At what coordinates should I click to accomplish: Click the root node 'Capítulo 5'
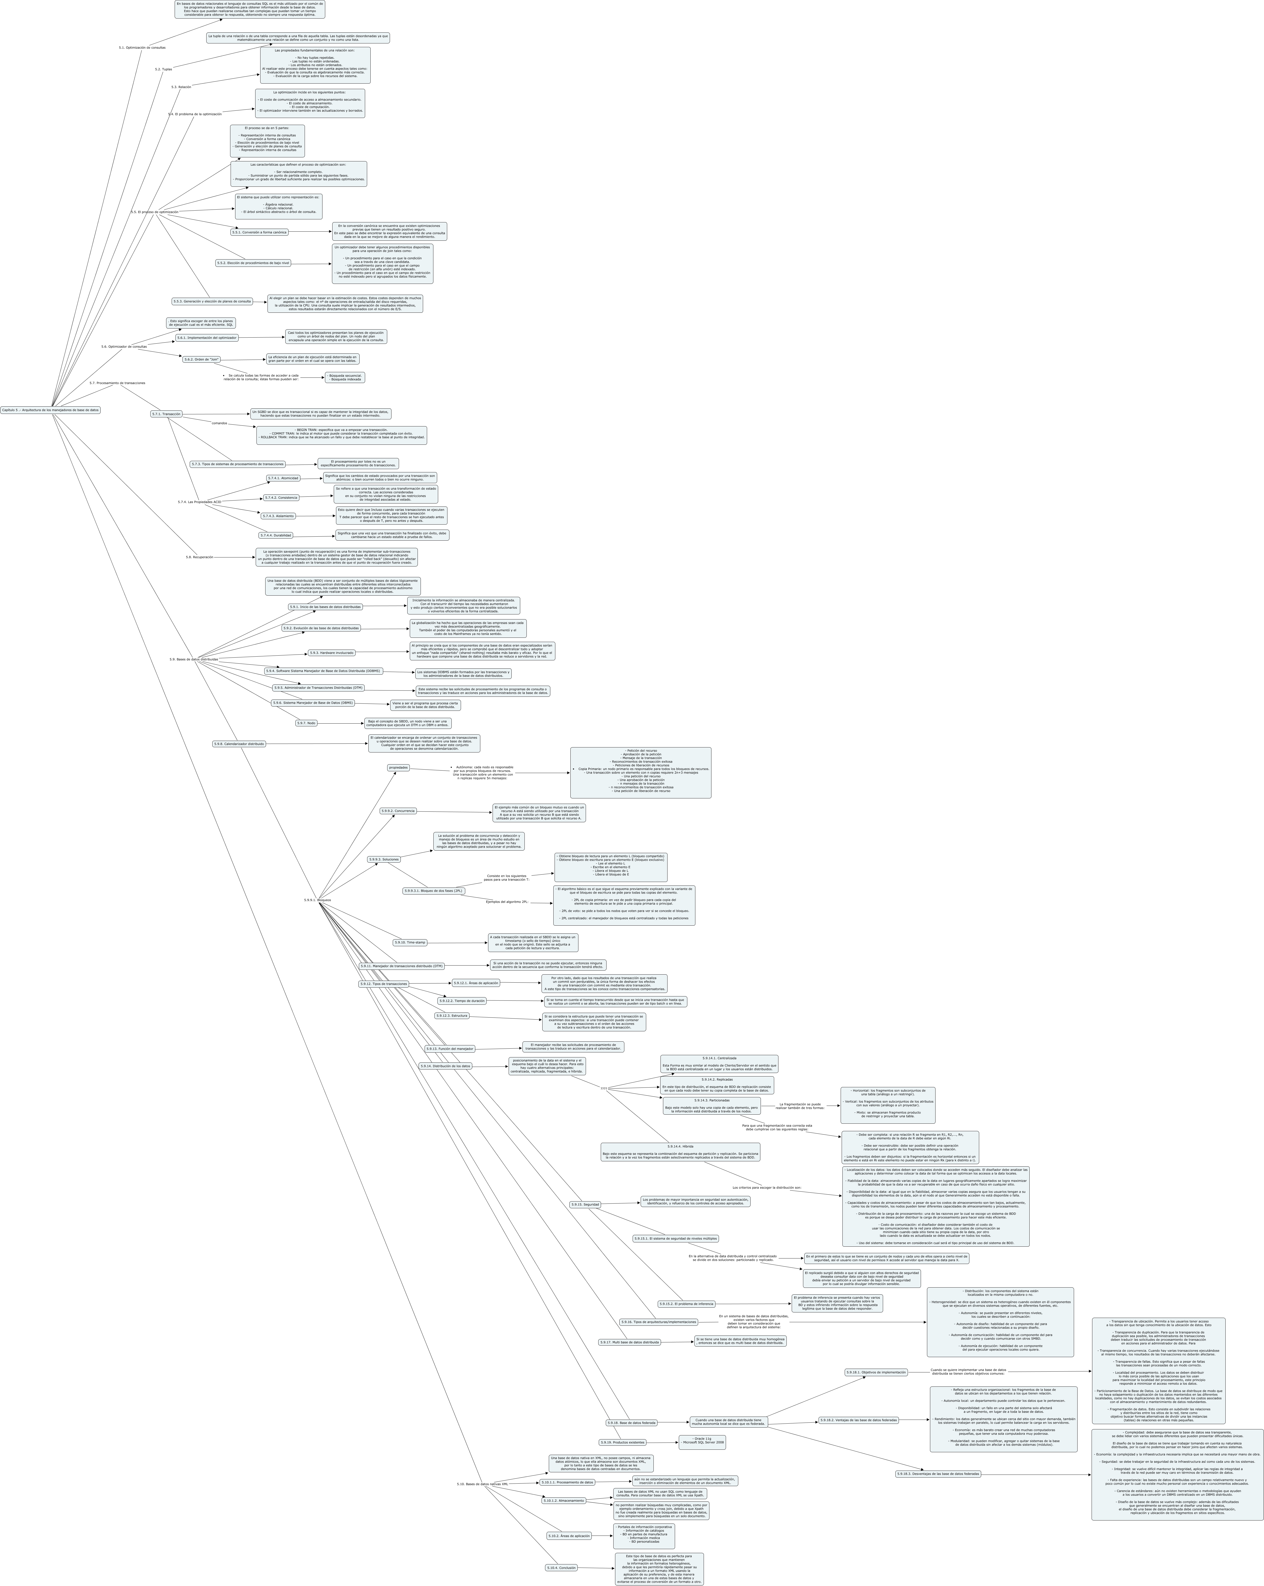click(50, 410)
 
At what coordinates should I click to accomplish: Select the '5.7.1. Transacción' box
click(166, 414)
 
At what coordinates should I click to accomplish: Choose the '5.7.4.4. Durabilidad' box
click(276, 536)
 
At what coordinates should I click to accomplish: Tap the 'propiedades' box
click(398, 767)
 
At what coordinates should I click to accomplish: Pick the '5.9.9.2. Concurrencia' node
click(398, 811)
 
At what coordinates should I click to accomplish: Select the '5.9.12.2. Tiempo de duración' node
click(462, 1000)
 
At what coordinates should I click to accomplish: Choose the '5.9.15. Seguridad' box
click(585, 1204)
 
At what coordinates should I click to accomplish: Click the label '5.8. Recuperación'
click(199, 557)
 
